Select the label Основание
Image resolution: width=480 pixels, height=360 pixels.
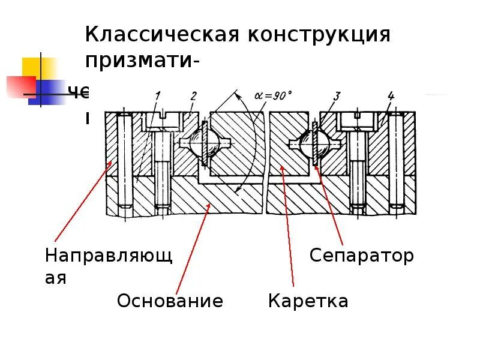tap(170, 301)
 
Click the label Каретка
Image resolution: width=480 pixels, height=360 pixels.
tap(308, 301)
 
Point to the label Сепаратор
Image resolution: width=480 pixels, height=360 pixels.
tap(361, 256)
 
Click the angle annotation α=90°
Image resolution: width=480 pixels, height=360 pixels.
tap(273, 94)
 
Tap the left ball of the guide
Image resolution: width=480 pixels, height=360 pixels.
tap(205, 145)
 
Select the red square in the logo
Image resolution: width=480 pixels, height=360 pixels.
tap(22, 86)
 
